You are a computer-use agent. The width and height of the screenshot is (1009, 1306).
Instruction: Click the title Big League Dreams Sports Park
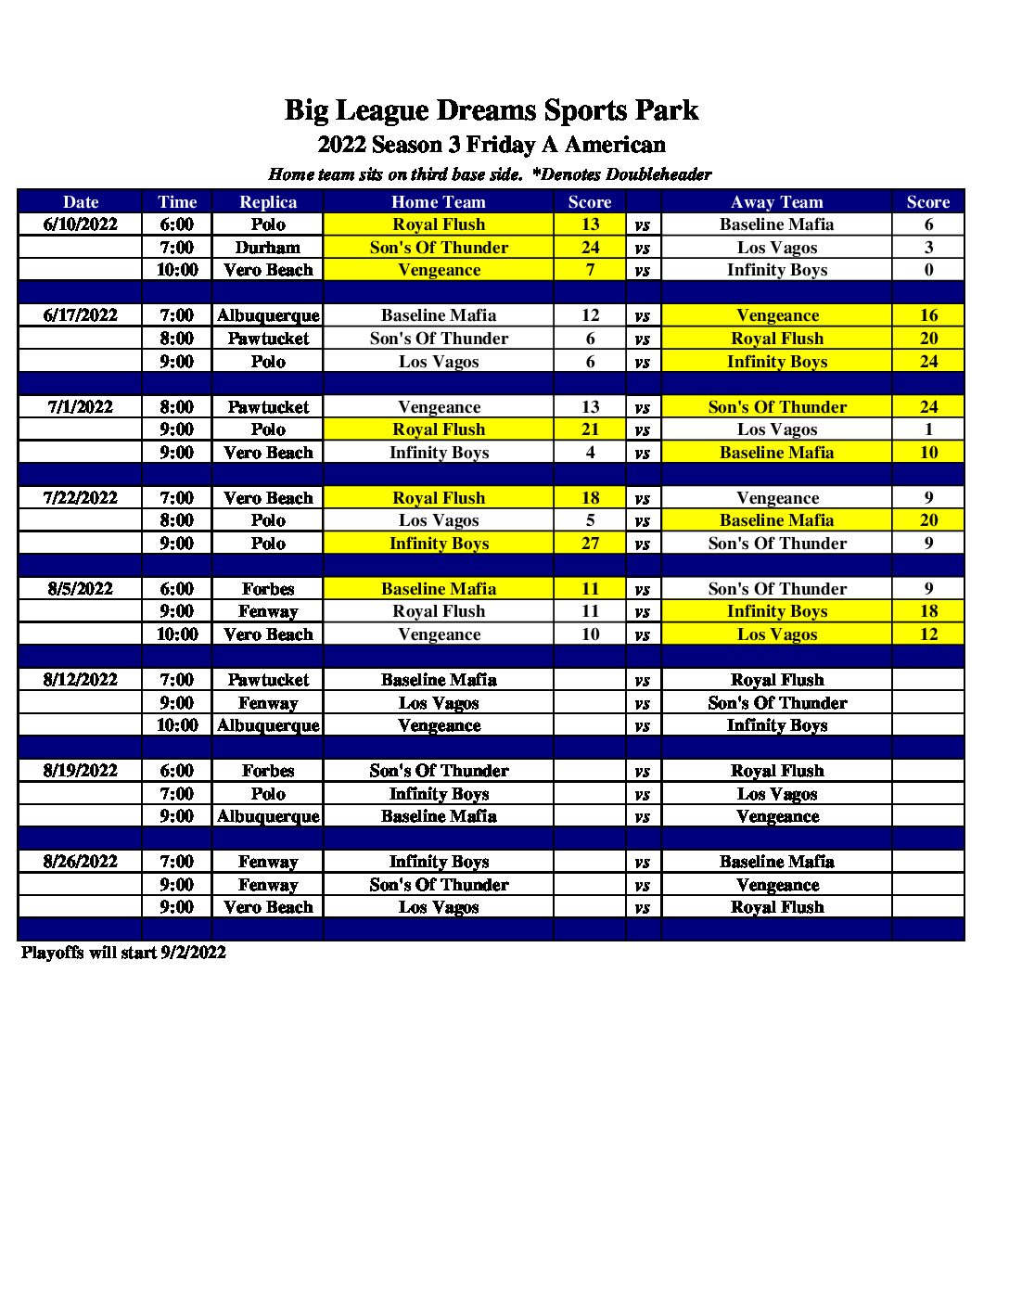tap(491, 110)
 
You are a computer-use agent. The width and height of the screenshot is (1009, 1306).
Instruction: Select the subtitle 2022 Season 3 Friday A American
tap(491, 145)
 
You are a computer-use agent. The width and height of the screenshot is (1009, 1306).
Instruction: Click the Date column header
tap(81, 202)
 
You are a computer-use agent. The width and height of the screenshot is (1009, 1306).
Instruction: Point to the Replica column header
tap(268, 202)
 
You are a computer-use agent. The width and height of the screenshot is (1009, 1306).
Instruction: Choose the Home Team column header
tap(439, 202)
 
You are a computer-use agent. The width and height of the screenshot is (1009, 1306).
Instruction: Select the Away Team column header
tap(776, 202)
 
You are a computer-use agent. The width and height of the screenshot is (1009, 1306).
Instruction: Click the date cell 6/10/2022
tap(81, 224)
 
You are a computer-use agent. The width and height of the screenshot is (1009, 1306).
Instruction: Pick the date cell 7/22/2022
tap(81, 498)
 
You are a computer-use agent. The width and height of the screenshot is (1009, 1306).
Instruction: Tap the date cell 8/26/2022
tap(81, 862)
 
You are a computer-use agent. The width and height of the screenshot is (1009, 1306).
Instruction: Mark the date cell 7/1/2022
tap(81, 407)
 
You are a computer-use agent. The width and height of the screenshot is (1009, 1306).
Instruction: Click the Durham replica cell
tap(268, 248)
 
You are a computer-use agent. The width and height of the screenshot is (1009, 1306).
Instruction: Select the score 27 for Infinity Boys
tap(590, 544)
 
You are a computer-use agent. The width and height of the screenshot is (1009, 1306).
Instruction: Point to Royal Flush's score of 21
tap(590, 429)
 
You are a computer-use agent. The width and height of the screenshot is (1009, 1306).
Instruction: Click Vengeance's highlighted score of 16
tap(928, 315)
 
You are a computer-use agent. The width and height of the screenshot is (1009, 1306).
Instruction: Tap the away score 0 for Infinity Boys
tap(928, 270)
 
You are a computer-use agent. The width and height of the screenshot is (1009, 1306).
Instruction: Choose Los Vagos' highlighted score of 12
tap(928, 634)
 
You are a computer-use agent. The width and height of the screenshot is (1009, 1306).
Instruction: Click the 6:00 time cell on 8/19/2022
tap(176, 771)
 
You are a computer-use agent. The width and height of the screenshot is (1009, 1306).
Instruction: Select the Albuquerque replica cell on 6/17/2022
tap(268, 315)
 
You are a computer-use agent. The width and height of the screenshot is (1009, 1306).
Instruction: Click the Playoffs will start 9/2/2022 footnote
tap(123, 953)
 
